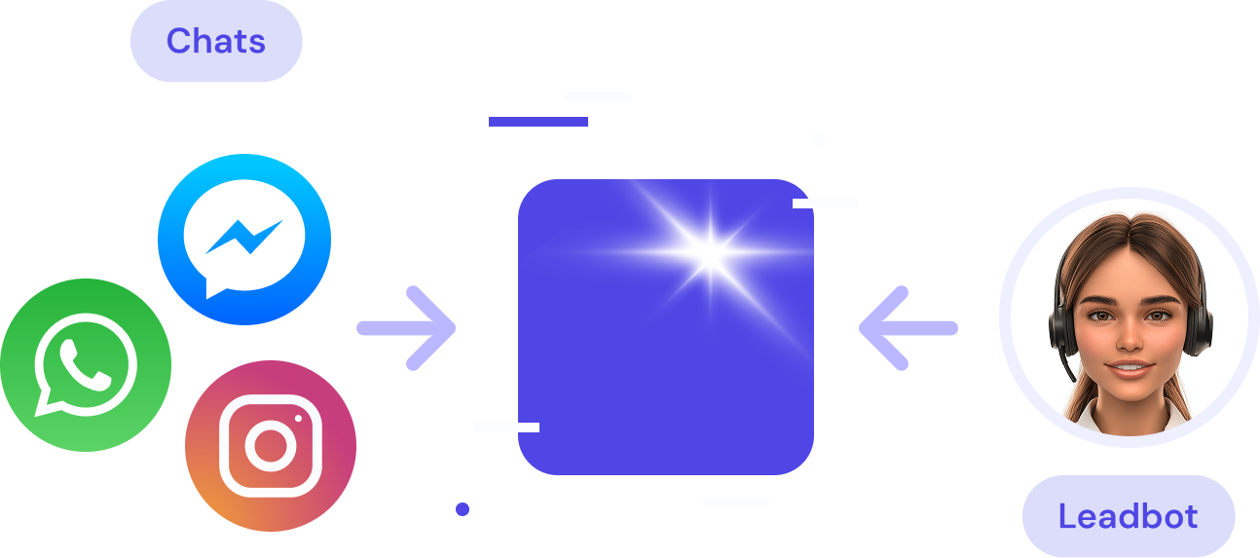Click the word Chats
click(215, 41)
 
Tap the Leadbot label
click(1128, 516)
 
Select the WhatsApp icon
click(85, 364)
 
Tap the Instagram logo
click(270, 446)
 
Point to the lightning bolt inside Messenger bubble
click(244, 236)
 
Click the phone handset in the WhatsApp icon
click(85, 362)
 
